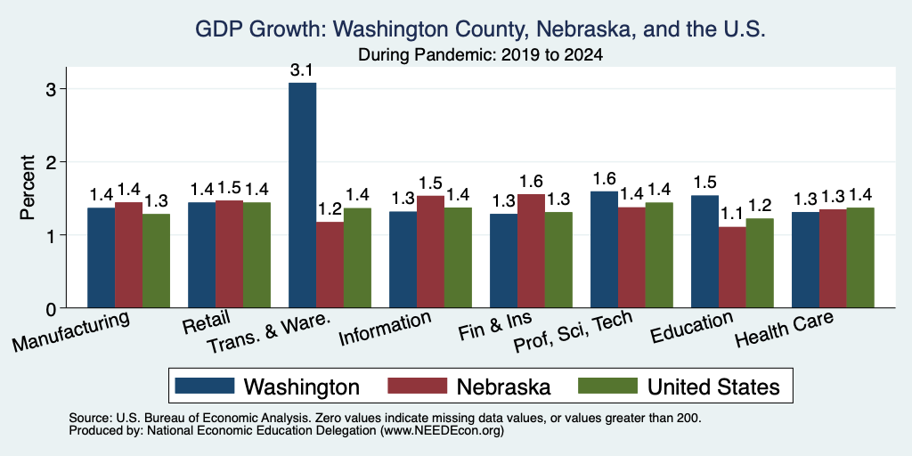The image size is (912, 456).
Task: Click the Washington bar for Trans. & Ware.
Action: pos(303,195)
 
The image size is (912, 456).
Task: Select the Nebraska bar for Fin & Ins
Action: pos(531,250)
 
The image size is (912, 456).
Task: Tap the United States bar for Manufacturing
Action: pos(156,261)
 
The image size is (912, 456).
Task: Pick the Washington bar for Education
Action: pos(705,251)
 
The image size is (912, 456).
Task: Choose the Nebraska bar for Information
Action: pos(430,252)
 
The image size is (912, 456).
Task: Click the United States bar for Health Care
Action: pos(860,257)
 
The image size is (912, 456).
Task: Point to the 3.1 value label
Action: pos(302,71)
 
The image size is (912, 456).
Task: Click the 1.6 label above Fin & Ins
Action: pos(531,182)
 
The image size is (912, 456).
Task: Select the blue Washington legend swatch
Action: pos(204,386)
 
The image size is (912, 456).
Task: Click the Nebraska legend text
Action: pos(504,387)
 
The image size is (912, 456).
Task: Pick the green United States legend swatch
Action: pos(607,386)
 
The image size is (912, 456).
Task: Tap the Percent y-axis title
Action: pos(28,187)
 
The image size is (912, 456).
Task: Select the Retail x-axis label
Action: pos(207,322)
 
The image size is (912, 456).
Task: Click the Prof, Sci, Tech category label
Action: pos(574,330)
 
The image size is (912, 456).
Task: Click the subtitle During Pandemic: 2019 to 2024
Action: pos(480,55)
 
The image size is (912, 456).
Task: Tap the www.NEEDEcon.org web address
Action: pos(442,431)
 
